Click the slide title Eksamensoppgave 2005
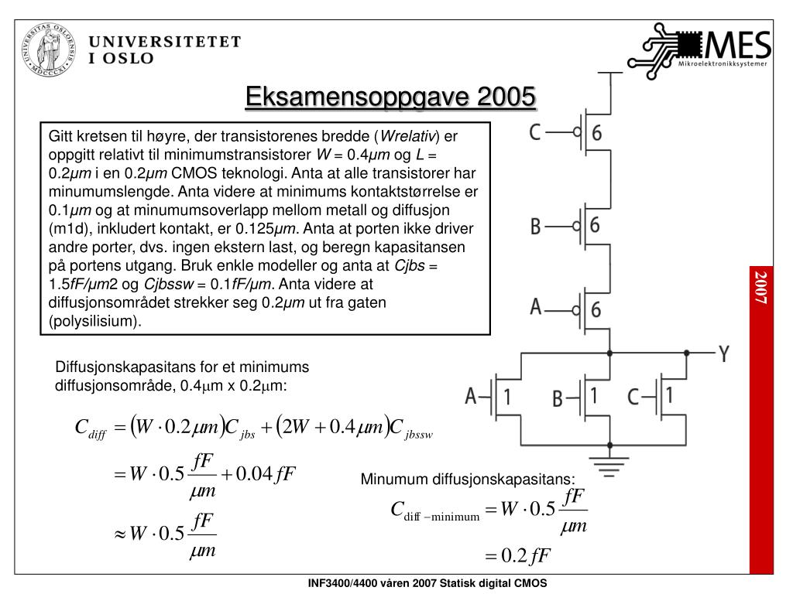point(390,98)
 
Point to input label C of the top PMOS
point(535,133)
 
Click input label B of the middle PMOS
point(535,227)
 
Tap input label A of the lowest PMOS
point(535,308)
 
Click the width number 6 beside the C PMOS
point(597,133)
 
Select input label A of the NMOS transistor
point(470,397)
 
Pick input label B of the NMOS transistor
point(557,399)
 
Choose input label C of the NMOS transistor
point(633,398)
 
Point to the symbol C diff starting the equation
point(89,428)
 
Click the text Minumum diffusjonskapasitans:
point(469,480)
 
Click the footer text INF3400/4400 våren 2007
point(427,584)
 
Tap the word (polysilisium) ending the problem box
point(95,321)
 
